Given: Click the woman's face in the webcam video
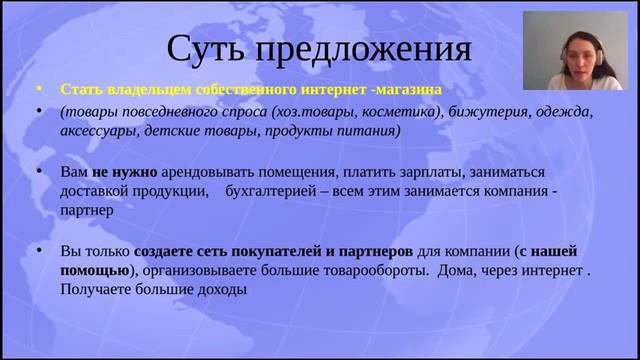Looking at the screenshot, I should click(x=578, y=45).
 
